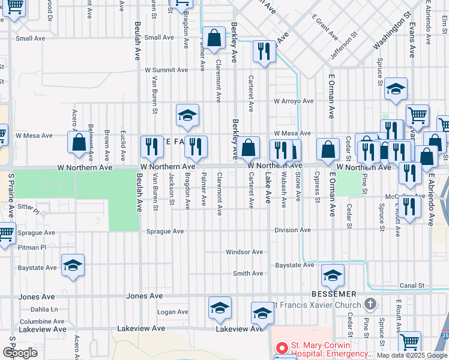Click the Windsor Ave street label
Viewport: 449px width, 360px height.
(244, 252)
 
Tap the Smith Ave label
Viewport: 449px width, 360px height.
(248, 274)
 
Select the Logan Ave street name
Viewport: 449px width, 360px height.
(173, 312)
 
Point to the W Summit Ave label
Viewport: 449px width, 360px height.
(166, 70)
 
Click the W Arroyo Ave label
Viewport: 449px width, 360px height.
(294, 101)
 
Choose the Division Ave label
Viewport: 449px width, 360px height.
(293, 230)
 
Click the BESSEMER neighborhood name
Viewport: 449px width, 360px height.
(334, 295)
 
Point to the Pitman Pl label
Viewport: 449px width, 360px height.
(32, 247)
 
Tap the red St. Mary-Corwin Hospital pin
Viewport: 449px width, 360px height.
(282, 348)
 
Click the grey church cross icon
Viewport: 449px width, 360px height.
(371, 304)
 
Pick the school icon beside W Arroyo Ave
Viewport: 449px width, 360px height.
(396, 89)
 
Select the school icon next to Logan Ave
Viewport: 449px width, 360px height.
(220, 308)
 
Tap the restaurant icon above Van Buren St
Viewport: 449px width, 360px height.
(152, 146)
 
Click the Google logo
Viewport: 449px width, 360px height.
(20, 353)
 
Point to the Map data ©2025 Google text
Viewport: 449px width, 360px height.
(412, 355)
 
